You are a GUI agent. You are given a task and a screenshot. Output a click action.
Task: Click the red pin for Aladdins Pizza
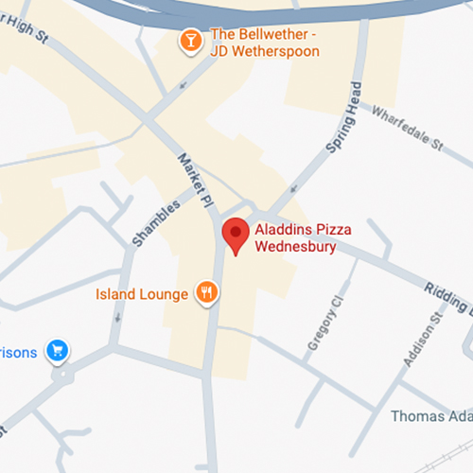tap(235, 235)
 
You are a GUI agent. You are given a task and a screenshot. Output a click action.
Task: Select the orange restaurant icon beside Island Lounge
tap(206, 293)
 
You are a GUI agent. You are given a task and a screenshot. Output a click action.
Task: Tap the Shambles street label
tap(150, 222)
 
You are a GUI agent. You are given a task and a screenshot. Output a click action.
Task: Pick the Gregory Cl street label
tap(323, 325)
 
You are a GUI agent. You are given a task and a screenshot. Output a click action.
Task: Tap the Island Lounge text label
tap(142, 294)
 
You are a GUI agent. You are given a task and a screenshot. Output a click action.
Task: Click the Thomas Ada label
tap(431, 416)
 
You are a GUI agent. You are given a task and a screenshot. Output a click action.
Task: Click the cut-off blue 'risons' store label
tap(19, 353)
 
